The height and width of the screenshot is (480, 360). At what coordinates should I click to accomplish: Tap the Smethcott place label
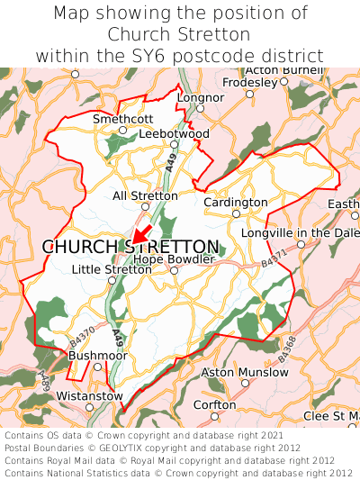coord(123,119)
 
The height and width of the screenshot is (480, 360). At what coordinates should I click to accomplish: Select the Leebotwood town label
coord(175,133)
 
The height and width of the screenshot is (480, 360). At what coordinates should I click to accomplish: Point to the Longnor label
coord(201,97)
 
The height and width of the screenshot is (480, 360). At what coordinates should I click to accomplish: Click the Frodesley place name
coord(250,82)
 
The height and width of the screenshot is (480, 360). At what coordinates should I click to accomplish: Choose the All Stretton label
coord(145,195)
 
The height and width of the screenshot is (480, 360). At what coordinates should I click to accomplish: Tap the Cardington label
coord(236,203)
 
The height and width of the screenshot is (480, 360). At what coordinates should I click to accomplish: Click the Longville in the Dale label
coord(301,233)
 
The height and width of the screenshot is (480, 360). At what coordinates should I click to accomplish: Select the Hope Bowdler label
coord(175,258)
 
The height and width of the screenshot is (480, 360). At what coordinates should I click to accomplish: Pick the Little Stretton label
coord(112,268)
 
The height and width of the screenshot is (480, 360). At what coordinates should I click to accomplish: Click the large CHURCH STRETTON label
coord(130,247)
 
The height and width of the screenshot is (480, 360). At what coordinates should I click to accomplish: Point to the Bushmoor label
coord(98,356)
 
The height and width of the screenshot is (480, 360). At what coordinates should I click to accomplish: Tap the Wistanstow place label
coord(89,395)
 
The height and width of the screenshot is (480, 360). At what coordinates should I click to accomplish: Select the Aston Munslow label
coord(244,372)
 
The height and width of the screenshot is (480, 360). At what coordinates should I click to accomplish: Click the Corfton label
coord(215,404)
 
